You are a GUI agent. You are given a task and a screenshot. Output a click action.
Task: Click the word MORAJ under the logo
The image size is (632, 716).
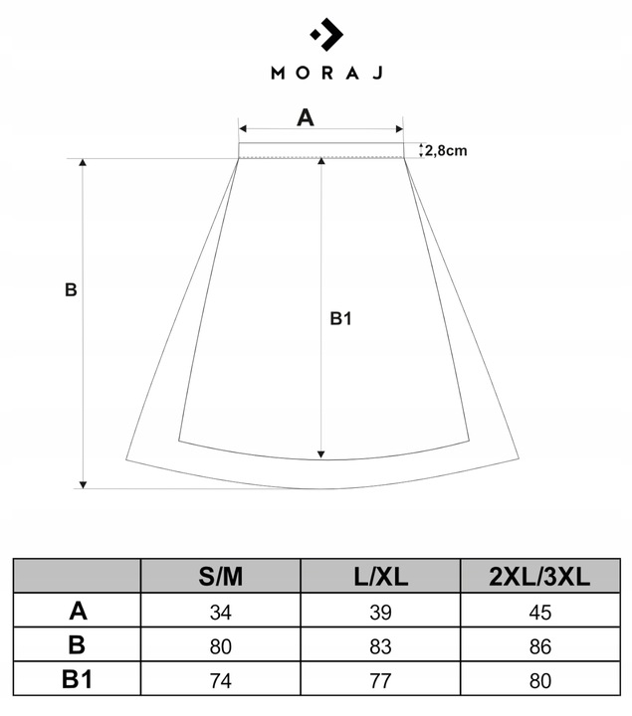click(326, 73)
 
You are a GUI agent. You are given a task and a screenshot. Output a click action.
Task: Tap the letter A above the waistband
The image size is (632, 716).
click(306, 117)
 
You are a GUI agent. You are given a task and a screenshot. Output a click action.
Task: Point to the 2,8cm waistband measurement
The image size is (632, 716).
click(446, 150)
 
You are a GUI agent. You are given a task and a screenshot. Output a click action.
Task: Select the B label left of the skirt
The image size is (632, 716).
click(70, 290)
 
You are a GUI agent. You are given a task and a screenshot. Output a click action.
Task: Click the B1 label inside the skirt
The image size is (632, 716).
click(341, 318)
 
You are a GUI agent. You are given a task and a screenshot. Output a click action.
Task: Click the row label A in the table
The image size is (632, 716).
click(77, 612)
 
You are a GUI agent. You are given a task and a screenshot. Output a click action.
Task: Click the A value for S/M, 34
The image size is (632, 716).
click(220, 613)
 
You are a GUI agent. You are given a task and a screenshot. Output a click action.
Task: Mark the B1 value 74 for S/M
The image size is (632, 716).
click(220, 680)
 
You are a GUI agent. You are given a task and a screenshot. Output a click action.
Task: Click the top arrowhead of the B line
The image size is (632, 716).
click(83, 163)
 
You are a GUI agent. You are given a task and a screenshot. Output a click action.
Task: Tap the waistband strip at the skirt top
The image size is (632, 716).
click(320, 150)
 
